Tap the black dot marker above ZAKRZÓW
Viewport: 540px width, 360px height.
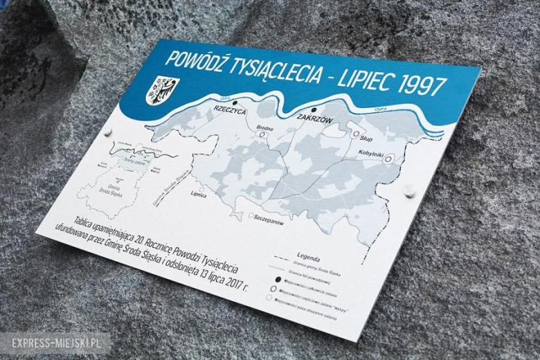313,109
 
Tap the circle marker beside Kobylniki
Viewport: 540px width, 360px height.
388,159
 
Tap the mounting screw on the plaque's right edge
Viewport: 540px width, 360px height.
409,189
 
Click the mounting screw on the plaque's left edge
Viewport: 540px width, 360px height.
107,132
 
